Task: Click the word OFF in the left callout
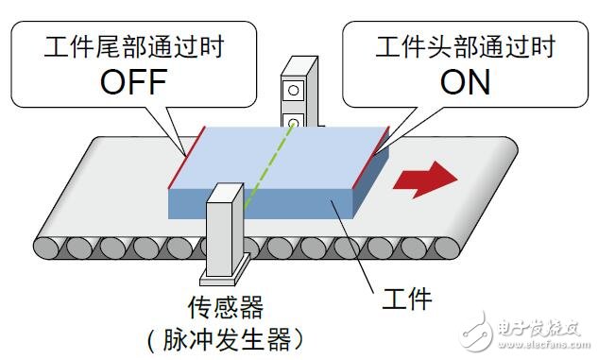pyautogui.click(x=132, y=81)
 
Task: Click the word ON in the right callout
pyautogui.click(x=465, y=81)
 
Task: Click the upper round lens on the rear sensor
pyautogui.click(x=295, y=91)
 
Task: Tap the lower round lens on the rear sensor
pyautogui.click(x=295, y=122)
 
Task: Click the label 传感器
pyautogui.click(x=225, y=304)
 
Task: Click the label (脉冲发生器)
pyautogui.click(x=226, y=337)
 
